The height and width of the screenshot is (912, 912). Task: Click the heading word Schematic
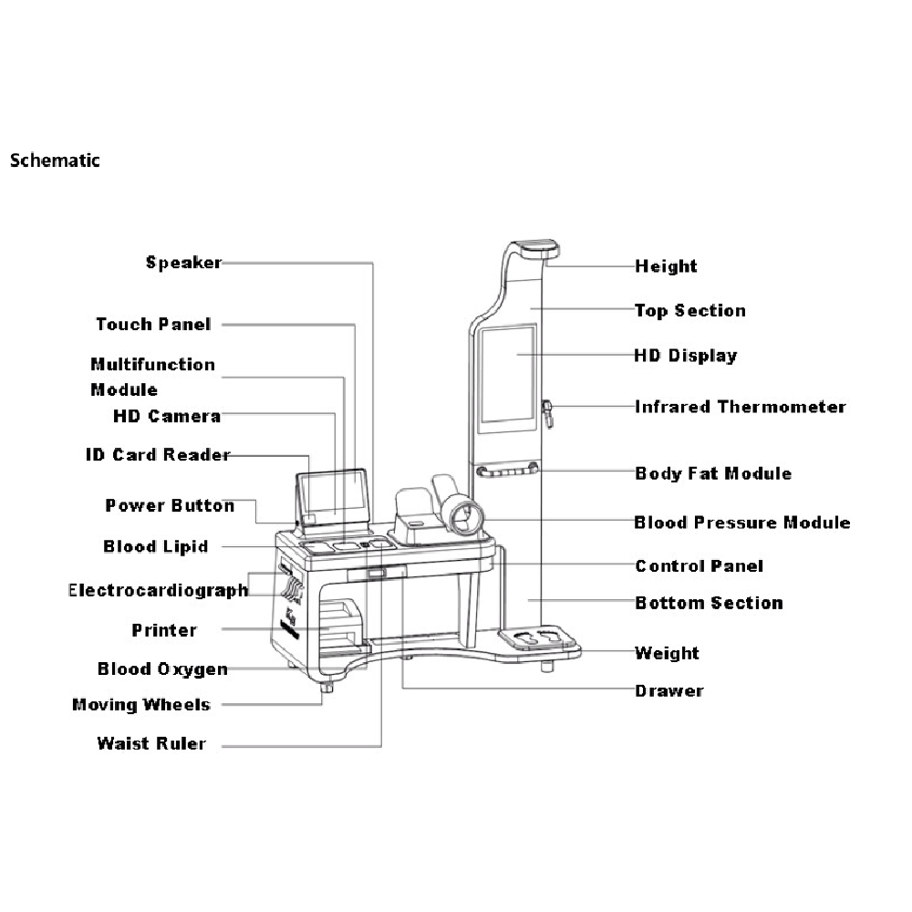[x=55, y=161]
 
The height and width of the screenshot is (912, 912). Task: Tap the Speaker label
[x=183, y=263]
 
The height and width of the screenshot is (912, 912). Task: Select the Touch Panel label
[x=153, y=324]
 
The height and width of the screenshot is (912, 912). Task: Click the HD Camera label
[x=167, y=416]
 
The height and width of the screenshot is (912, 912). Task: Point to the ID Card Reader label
[x=158, y=454]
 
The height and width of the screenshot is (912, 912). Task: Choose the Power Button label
[x=170, y=505]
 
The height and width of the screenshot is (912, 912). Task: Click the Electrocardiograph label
[x=159, y=590]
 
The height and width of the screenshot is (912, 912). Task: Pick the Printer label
[x=164, y=630]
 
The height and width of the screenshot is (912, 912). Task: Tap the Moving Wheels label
[x=141, y=704]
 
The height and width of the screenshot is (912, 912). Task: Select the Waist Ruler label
[x=151, y=743]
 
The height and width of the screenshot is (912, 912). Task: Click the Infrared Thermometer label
[x=741, y=407]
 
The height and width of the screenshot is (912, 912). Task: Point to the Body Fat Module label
[x=713, y=473]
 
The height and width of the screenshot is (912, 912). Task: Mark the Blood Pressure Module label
[x=742, y=523]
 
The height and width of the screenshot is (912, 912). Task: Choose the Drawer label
[x=669, y=690]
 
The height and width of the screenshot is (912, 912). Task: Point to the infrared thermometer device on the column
[x=549, y=411]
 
